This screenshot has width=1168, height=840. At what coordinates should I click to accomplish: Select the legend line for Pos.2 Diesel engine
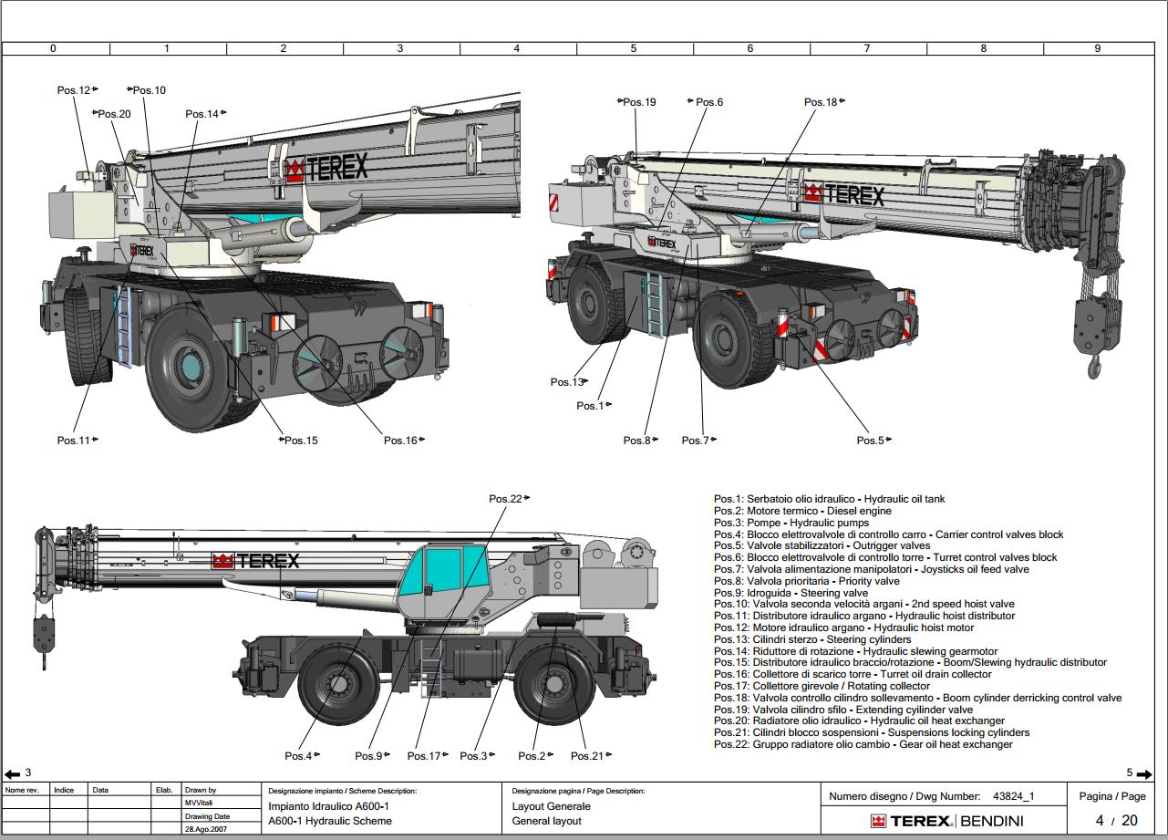802,511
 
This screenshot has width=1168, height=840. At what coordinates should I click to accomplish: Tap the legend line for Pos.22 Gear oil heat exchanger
863,744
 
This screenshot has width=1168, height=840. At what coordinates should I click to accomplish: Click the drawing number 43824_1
1014,796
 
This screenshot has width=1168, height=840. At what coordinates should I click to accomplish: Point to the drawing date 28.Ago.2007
206,829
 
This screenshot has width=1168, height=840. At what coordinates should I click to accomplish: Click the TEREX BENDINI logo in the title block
947,821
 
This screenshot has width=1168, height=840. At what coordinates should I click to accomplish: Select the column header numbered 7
866,48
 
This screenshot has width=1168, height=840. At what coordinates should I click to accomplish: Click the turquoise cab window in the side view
443,570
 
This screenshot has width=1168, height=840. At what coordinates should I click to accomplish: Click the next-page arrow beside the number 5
1144,774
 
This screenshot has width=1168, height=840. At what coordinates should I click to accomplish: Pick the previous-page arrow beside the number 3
13,774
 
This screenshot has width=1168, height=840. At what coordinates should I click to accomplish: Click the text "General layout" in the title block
546,821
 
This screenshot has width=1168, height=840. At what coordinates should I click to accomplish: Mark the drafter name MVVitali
199,803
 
